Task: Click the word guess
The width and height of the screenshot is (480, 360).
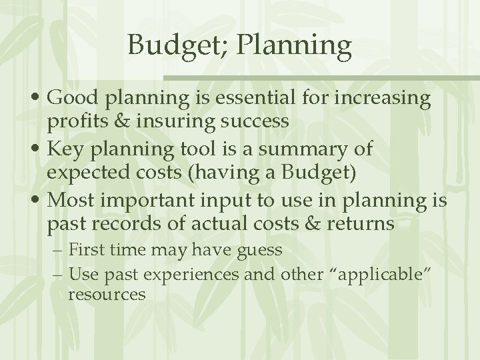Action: coord(256,251)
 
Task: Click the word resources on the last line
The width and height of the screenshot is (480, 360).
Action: coord(107,294)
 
